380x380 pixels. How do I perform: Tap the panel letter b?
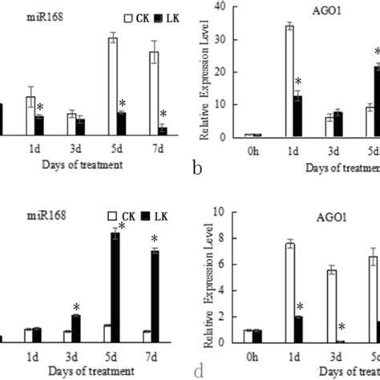pos(196,167)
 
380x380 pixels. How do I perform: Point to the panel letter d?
pos(196,371)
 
